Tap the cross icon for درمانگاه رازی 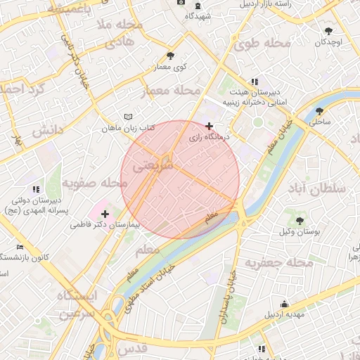[209, 127]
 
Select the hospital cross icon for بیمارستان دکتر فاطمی [105, 213]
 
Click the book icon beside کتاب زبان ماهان [127, 116]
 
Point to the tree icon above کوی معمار [170, 55]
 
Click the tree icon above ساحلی [320, 111]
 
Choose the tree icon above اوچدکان [328, 31]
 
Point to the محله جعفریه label [278, 262]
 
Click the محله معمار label [171, 91]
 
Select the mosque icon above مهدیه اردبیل [284, 304]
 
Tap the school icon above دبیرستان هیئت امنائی [255, 82]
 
